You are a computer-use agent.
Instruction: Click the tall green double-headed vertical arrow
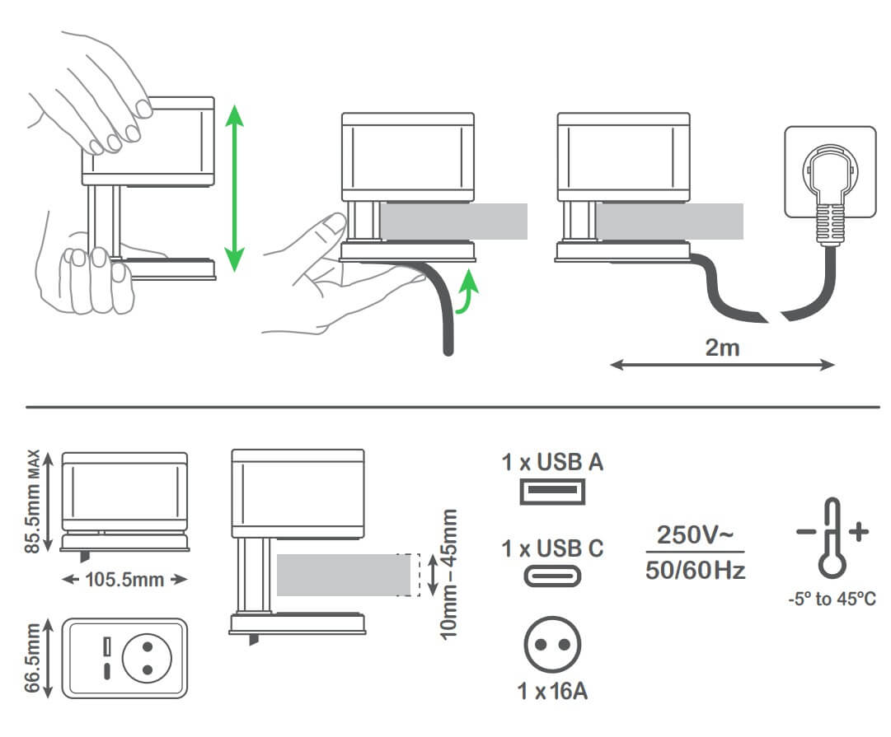tap(235, 188)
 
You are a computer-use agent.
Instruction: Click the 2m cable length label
tap(722, 347)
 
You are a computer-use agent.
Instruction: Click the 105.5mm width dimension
tap(125, 579)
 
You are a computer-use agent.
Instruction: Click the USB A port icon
tap(551, 492)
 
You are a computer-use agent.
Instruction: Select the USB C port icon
tap(551, 575)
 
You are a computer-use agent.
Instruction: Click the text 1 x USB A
tap(552, 462)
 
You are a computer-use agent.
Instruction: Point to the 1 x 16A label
tap(552, 691)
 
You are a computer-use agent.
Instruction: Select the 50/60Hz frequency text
tap(695, 569)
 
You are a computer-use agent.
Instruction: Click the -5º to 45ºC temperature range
tap(831, 599)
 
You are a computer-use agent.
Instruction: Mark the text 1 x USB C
tap(552, 548)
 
